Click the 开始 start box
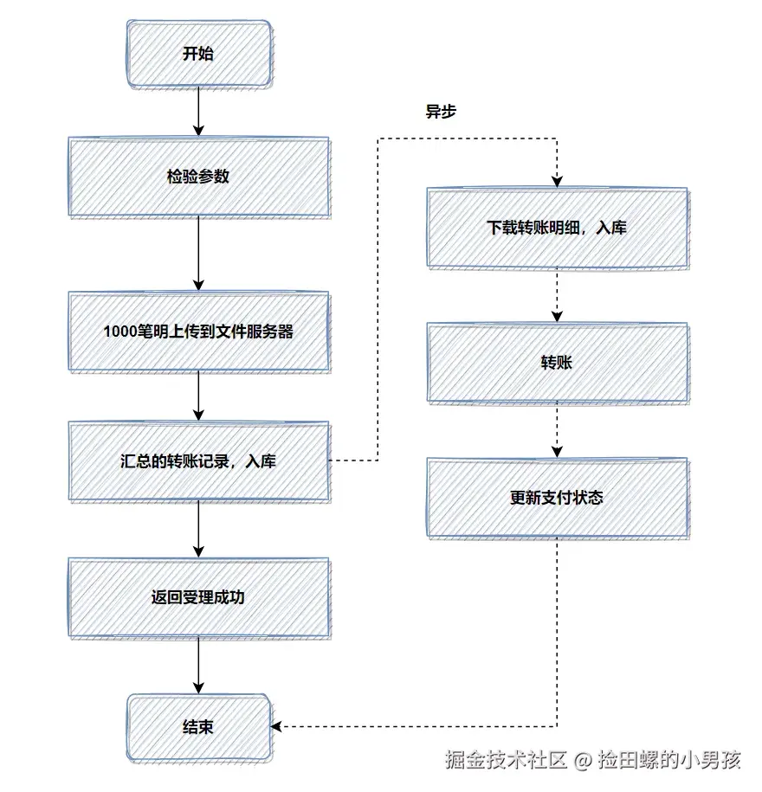(198, 55)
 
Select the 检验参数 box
(198, 177)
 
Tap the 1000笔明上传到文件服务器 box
(198, 332)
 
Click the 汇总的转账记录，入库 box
(198, 461)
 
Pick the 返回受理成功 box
(198, 597)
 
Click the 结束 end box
(198, 727)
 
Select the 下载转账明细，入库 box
(557, 229)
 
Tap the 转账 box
(557, 363)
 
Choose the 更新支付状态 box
(557, 498)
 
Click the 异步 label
(440, 112)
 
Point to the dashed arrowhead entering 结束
(278, 726)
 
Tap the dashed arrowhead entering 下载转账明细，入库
(557, 181)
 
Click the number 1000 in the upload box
(119, 332)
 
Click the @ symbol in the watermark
(583, 761)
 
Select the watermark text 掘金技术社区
(506, 761)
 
